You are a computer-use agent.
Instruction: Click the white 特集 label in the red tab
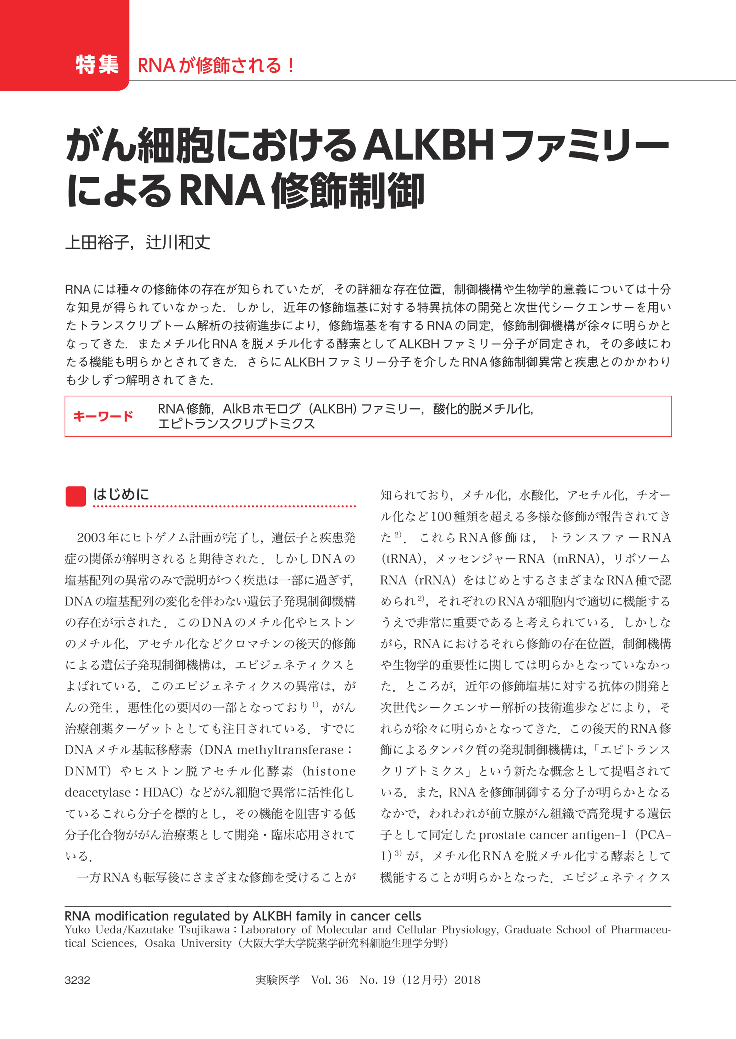point(97,65)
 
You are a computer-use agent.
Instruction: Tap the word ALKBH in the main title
point(428,145)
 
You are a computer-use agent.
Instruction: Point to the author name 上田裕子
point(97,243)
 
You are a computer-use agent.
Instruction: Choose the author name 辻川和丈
point(178,243)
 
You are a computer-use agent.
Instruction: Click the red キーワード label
point(103,416)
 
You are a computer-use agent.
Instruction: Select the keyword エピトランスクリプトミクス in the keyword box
point(236,424)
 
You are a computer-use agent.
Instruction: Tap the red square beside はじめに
point(76,496)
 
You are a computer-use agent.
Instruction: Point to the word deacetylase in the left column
point(98,793)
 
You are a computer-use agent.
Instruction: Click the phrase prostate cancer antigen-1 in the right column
point(553,835)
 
